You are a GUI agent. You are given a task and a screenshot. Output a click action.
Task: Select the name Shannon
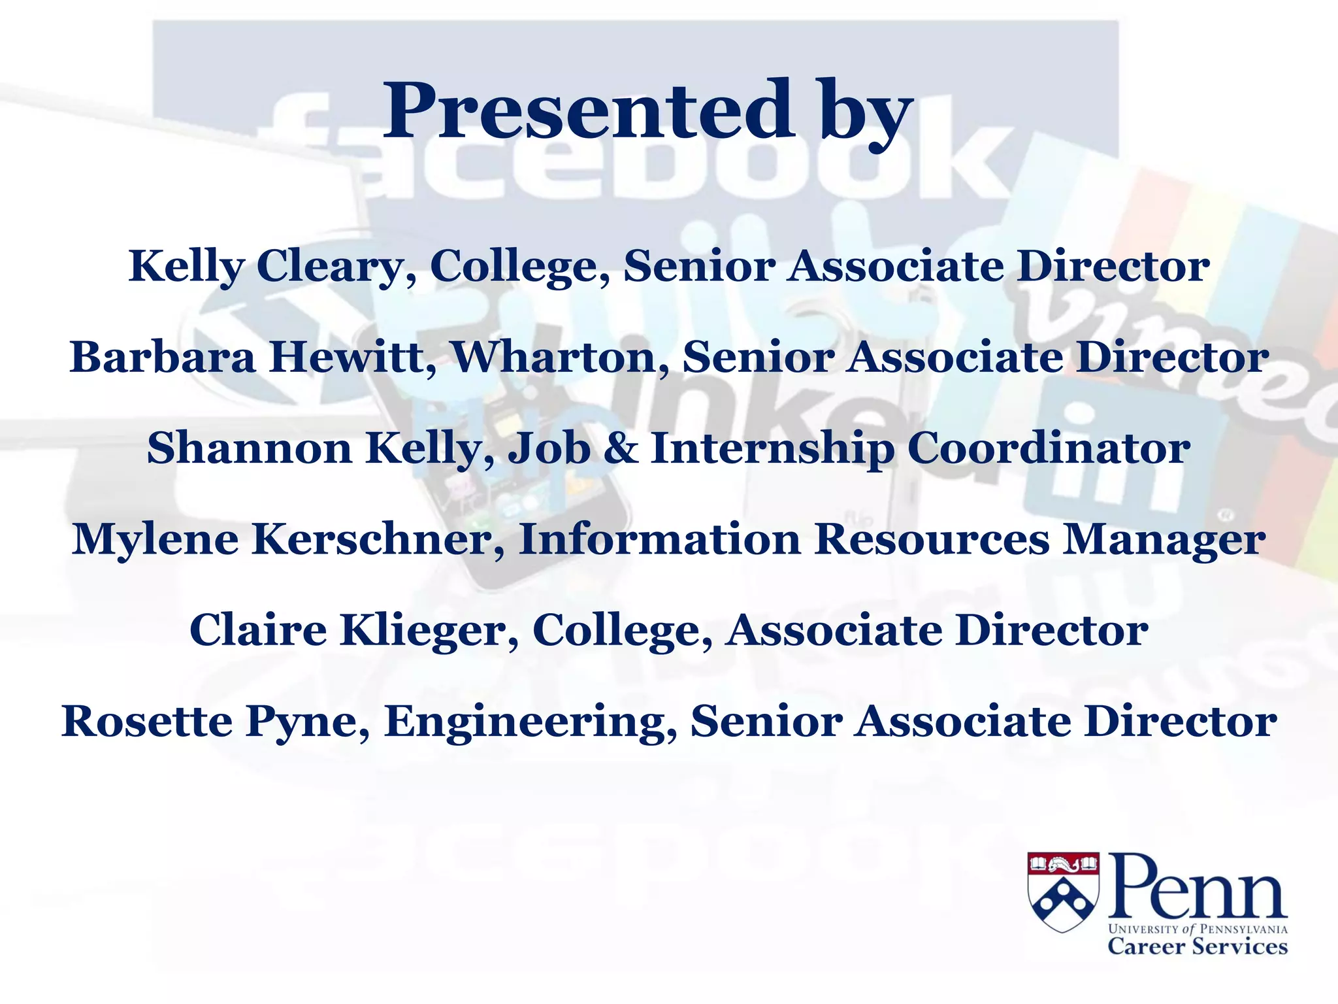249,449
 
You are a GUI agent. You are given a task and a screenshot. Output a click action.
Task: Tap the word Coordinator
1049,449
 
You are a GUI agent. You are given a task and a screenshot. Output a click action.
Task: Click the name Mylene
155,541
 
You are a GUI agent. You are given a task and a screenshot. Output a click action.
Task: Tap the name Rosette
147,722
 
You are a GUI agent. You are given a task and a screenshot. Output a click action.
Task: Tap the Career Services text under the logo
1197,946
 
